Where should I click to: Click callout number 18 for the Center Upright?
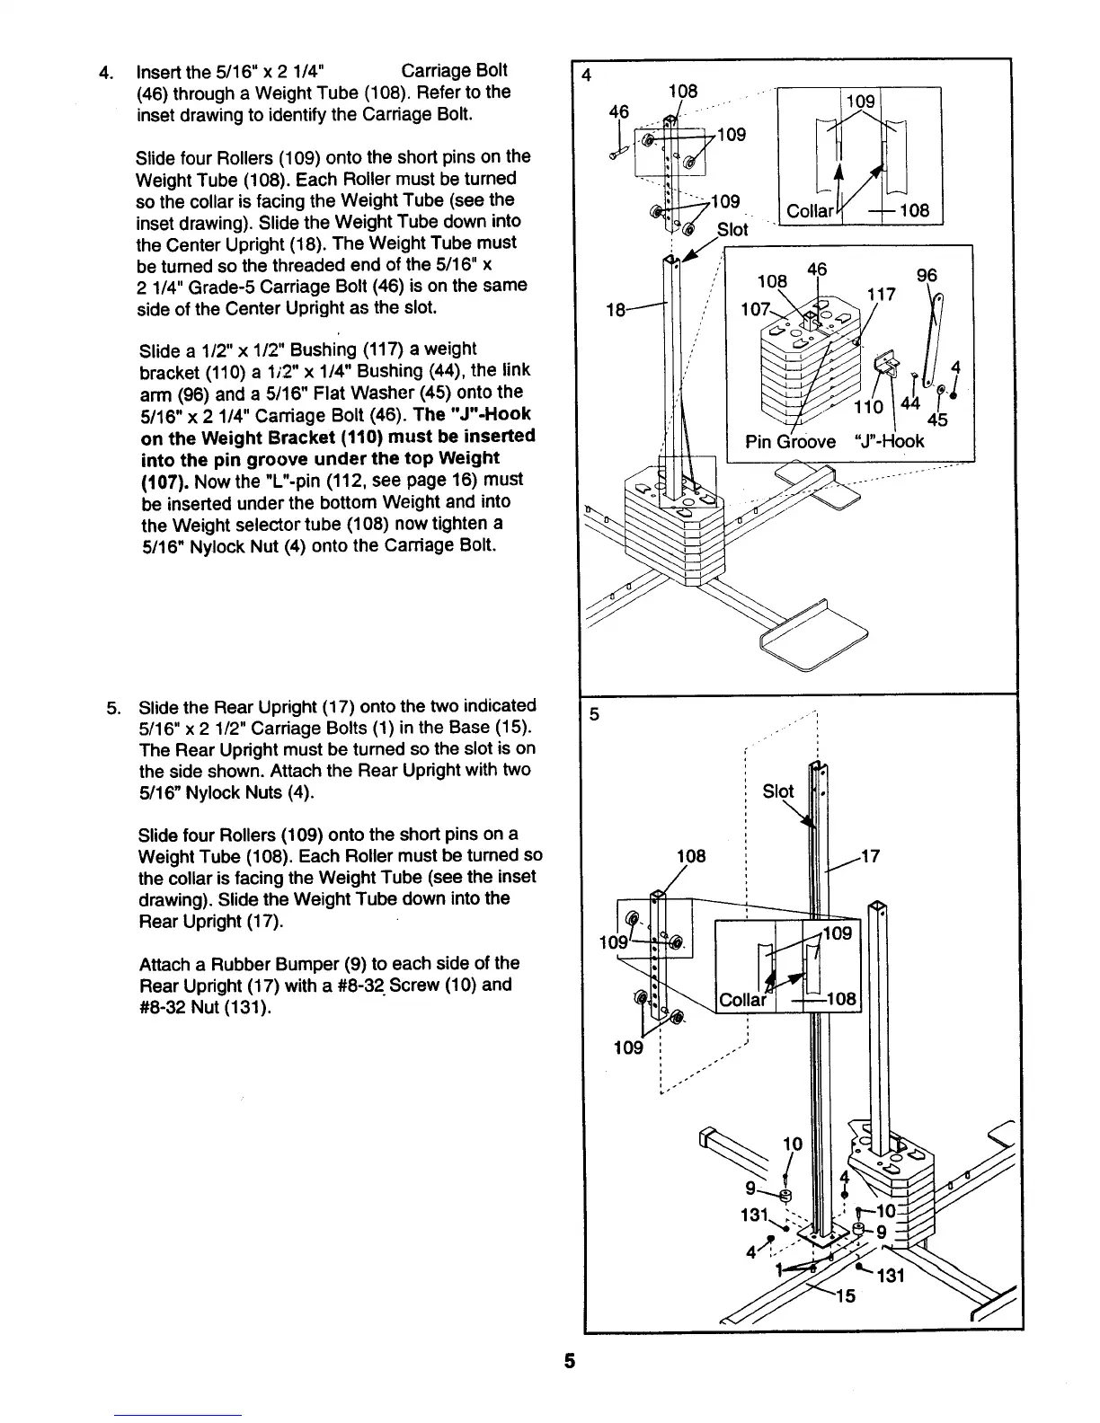[617, 310]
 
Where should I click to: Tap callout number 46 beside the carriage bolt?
[618, 111]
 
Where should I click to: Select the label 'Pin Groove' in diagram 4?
[790, 441]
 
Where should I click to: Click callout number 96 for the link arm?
[927, 277]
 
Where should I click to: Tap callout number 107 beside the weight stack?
[753, 310]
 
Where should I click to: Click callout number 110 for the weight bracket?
[869, 407]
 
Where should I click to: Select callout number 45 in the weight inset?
[937, 419]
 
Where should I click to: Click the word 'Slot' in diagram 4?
[732, 230]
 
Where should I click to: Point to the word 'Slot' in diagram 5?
[778, 791]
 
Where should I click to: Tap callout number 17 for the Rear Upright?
[869, 857]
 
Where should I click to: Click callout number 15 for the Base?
[846, 1296]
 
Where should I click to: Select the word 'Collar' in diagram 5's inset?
[742, 1000]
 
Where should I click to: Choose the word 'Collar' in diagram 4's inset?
[809, 212]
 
